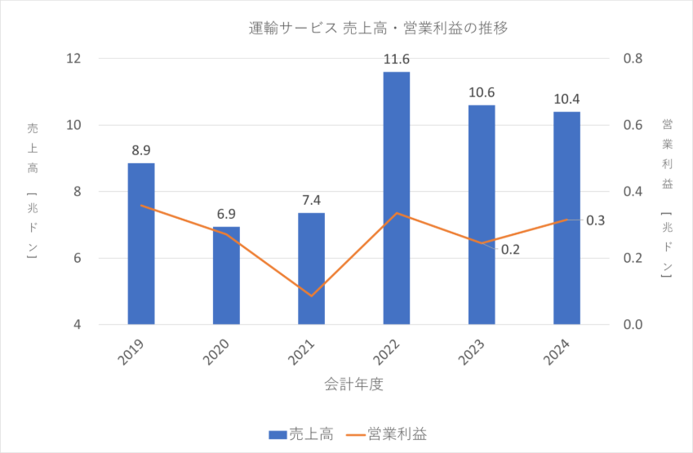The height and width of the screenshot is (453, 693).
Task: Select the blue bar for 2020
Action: pos(226,275)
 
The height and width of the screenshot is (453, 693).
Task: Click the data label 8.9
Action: pos(141,150)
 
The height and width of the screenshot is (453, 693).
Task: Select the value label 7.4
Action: pos(311,200)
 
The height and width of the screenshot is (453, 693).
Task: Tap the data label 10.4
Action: pos(566,99)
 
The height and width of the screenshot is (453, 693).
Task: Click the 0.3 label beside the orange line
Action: pos(596,220)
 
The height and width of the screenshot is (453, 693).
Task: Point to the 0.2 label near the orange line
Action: pos(511,249)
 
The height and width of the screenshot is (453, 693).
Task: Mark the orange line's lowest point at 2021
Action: pos(311,295)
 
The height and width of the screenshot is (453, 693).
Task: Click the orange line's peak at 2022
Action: pos(397,213)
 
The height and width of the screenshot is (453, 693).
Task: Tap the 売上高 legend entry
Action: pos(301,433)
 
